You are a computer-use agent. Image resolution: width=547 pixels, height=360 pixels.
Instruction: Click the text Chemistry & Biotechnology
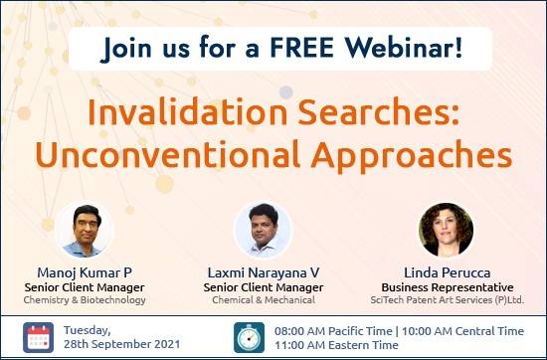pos(86,299)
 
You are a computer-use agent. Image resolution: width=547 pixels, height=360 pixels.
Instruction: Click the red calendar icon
pos(41,337)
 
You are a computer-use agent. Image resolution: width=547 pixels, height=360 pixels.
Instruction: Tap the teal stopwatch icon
pos(249,337)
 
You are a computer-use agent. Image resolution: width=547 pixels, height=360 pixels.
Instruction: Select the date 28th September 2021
pos(125,345)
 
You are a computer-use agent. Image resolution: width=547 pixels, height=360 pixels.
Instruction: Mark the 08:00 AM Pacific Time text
pos(331,328)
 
